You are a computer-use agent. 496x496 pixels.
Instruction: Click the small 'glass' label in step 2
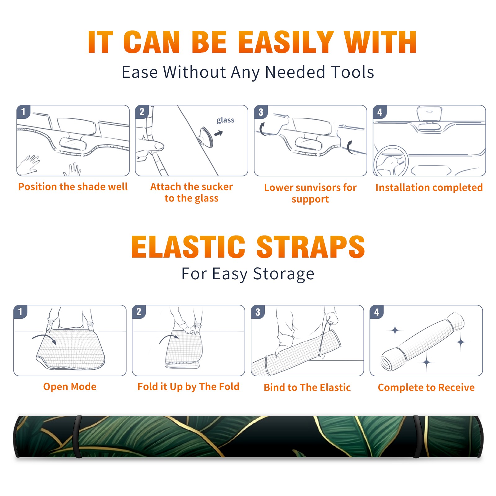click(x=225, y=120)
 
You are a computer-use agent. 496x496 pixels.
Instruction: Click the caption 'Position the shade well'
click(x=73, y=187)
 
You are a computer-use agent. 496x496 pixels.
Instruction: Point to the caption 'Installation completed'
click(x=429, y=187)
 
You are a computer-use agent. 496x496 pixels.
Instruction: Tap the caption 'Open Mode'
click(x=70, y=387)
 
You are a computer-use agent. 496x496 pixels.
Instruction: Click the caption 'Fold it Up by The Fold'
click(x=188, y=387)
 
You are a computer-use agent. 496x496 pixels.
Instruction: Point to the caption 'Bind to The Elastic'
click(x=307, y=387)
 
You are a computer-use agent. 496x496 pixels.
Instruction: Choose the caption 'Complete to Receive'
click(x=426, y=387)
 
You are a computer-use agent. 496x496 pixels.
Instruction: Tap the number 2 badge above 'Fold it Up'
click(x=139, y=312)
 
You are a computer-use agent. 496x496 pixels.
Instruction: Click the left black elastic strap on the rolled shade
click(x=77, y=436)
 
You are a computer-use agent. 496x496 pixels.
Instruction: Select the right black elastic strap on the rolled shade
click(x=417, y=436)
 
